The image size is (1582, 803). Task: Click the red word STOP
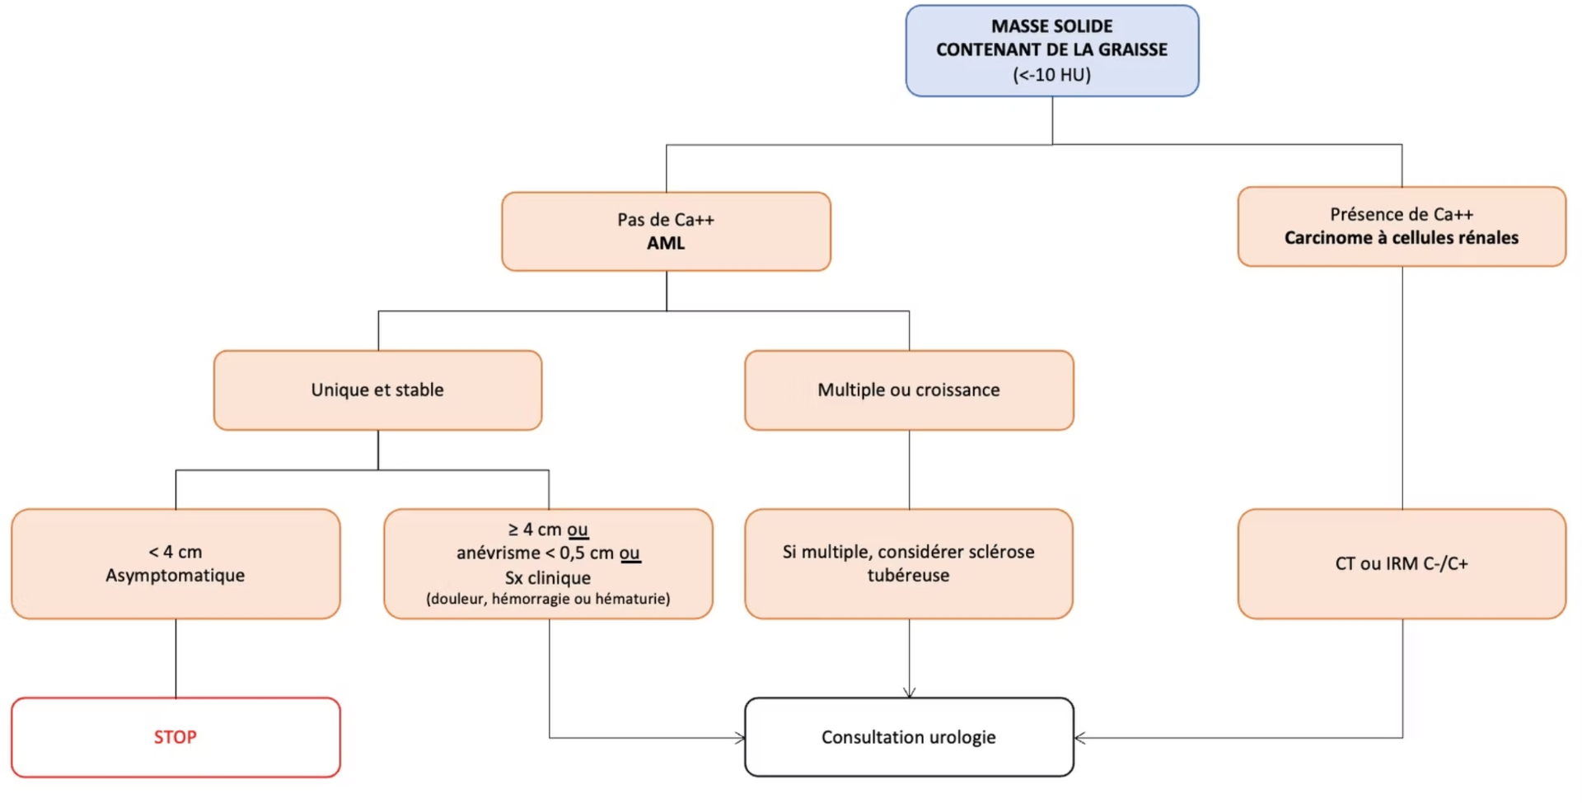(x=176, y=737)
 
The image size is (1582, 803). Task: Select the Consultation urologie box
(x=909, y=737)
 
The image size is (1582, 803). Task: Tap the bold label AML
(x=666, y=243)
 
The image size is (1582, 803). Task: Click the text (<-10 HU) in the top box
(x=1052, y=75)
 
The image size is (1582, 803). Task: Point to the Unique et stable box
(x=378, y=390)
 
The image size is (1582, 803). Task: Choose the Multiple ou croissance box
(x=909, y=390)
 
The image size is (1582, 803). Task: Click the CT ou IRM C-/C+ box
(x=1402, y=564)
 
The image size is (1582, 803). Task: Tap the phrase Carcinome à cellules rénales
(x=1402, y=238)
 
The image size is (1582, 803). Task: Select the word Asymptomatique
(x=176, y=576)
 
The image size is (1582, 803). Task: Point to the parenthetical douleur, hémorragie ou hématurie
(x=548, y=599)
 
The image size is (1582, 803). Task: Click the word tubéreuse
(x=908, y=576)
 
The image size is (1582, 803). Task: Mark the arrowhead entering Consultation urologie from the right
(x=1079, y=738)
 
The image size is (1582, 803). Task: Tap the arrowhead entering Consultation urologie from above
(x=910, y=693)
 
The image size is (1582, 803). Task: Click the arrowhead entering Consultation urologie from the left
(x=740, y=738)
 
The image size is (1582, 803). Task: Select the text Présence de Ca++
(x=1402, y=214)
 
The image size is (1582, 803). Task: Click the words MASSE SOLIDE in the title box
(x=1052, y=26)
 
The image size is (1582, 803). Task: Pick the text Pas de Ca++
(x=666, y=220)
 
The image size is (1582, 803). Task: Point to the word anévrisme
(x=498, y=553)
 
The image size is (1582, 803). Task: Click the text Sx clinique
(x=548, y=578)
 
